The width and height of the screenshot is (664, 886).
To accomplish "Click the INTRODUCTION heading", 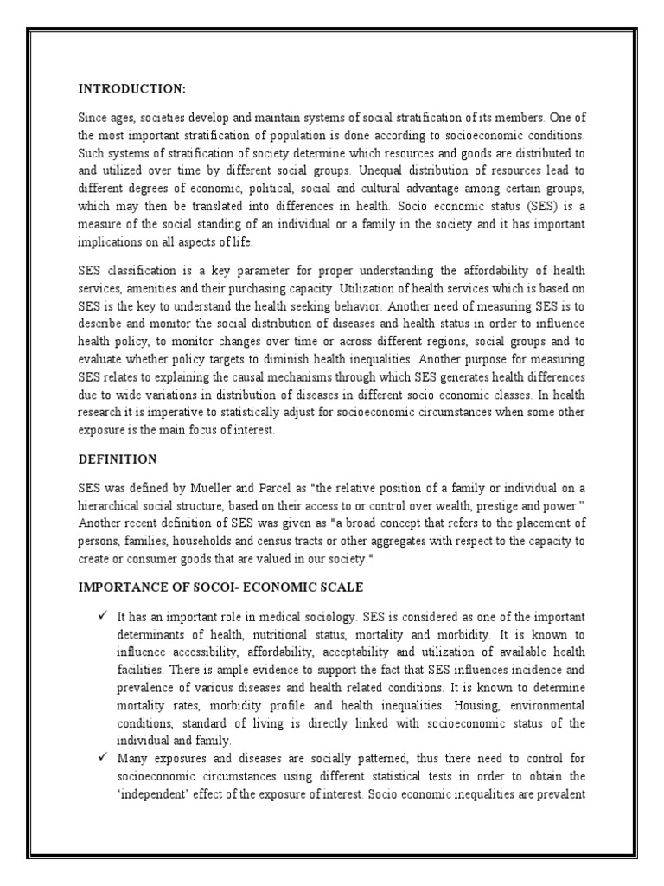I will point(131,88).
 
